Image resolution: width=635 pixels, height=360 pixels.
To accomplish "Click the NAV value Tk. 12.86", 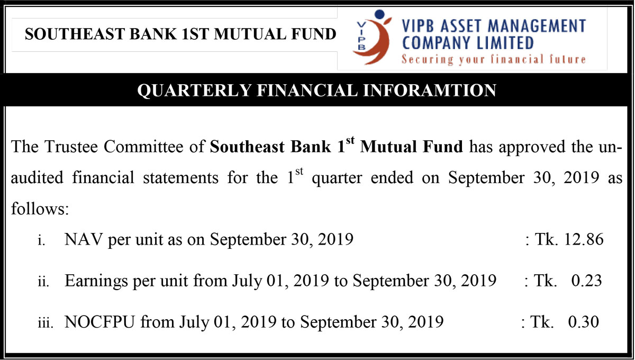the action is pos(569,239).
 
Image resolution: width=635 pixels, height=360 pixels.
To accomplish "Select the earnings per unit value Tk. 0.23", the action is pos(568,281).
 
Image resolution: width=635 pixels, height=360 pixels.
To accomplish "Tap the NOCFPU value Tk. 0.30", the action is pos(565,322).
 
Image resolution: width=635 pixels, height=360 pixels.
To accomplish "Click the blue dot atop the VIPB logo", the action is pos(379,14).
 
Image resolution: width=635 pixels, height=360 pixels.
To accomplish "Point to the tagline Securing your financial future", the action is pos(494,59).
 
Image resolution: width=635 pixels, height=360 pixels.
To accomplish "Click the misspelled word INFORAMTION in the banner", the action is pos(430,90).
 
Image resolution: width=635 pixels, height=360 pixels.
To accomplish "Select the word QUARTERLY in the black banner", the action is pos(194,91).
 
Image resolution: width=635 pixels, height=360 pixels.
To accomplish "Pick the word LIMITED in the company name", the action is pos(505,43).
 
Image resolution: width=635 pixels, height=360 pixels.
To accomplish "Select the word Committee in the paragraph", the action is pos(143,147).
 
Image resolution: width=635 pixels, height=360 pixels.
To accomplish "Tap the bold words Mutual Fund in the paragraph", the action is pos(411,147).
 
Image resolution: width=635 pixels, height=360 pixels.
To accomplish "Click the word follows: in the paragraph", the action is pos(40,209).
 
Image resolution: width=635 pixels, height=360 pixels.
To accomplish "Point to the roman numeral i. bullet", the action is pos(41,240).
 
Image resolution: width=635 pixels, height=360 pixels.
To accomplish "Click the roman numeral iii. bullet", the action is pos(46,323).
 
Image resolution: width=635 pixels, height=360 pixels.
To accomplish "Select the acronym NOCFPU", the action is pos(99,322).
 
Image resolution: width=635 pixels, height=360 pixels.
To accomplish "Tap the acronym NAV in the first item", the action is pos(83,239).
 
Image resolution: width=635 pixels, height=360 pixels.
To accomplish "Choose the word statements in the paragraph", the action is pos(180,178).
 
